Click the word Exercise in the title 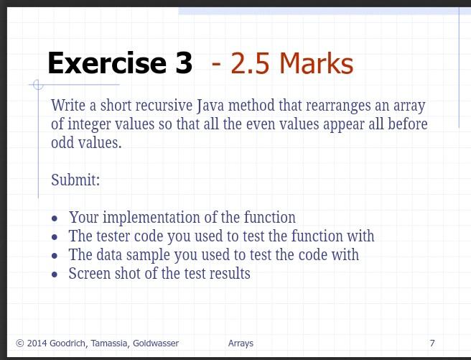pyautogui.click(x=107, y=63)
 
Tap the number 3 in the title pyautogui.click(x=184, y=63)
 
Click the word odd pyautogui.click(x=62, y=142)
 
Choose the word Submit pyautogui.click(x=75, y=180)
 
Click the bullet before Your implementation pyautogui.click(x=55, y=218)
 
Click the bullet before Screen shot pyautogui.click(x=55, y=274)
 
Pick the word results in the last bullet pyautogui.click(x=230, y=274)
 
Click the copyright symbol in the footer pyautogui.click(x=20, y=343)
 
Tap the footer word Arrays pyautogui.click(x=241, y=343)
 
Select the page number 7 pyautogui.click(x=432, y=343)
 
